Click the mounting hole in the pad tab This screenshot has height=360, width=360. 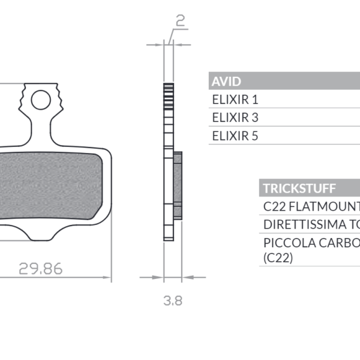click(x=41, y=100)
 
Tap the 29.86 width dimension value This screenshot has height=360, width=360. click(x=40, y=268)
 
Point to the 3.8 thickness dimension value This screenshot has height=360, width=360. click(x=173, y=301)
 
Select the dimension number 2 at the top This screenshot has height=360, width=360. click(x=179, y=22)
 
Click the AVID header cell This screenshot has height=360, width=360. click(x=227, y=82)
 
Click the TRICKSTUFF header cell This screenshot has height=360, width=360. click(x=298, y=188)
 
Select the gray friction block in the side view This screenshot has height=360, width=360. click(x=178, y=185)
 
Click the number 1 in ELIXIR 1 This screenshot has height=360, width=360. click(x=255, y=100)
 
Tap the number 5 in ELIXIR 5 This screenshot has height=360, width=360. click(x=255, y=136)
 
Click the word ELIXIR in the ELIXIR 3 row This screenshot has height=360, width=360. click(x=230, y=118)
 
